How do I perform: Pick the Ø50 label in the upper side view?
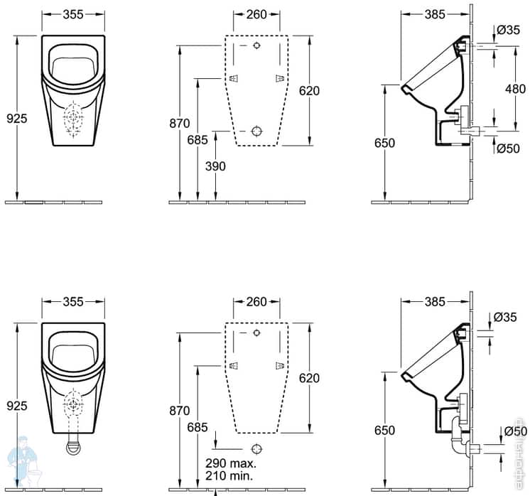tap(510, 148)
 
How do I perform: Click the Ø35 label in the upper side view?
tap(510, 30)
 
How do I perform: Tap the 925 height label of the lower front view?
tap(18, 406)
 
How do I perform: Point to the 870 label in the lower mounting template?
tap(180, 410)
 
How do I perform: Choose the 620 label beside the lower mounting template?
tap(309, 378)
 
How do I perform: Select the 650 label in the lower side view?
tap(384, 431)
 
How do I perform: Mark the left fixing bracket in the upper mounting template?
tap(233, 79)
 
